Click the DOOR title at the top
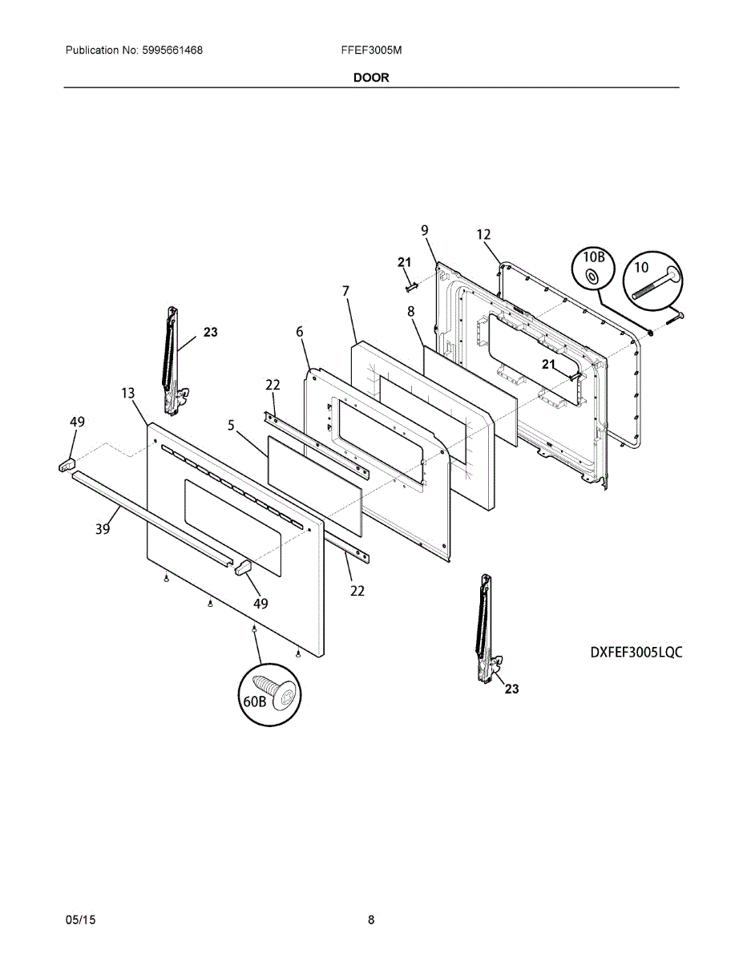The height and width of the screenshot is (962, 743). [x=371, y=78]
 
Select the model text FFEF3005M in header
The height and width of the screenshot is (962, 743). [x=371, y=51]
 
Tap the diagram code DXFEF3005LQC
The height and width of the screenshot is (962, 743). [x=636, y=652]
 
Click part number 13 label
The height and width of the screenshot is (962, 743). [x=128, y=393]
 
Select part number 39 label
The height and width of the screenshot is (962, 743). [x=103, y=529]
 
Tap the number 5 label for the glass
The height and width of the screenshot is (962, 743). [x=231, y=426]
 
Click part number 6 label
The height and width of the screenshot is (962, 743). [x=300, y=332]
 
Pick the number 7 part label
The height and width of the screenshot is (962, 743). [x=345, y=290]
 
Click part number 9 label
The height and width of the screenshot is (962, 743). [x=425, y=231]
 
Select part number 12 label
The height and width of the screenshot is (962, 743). [x=483, y=235]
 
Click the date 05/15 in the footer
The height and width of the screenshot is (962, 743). [x=80, y=920]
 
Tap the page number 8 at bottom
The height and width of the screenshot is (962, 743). [x=371, y=920]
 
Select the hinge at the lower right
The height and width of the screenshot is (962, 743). [x=486, y=629]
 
